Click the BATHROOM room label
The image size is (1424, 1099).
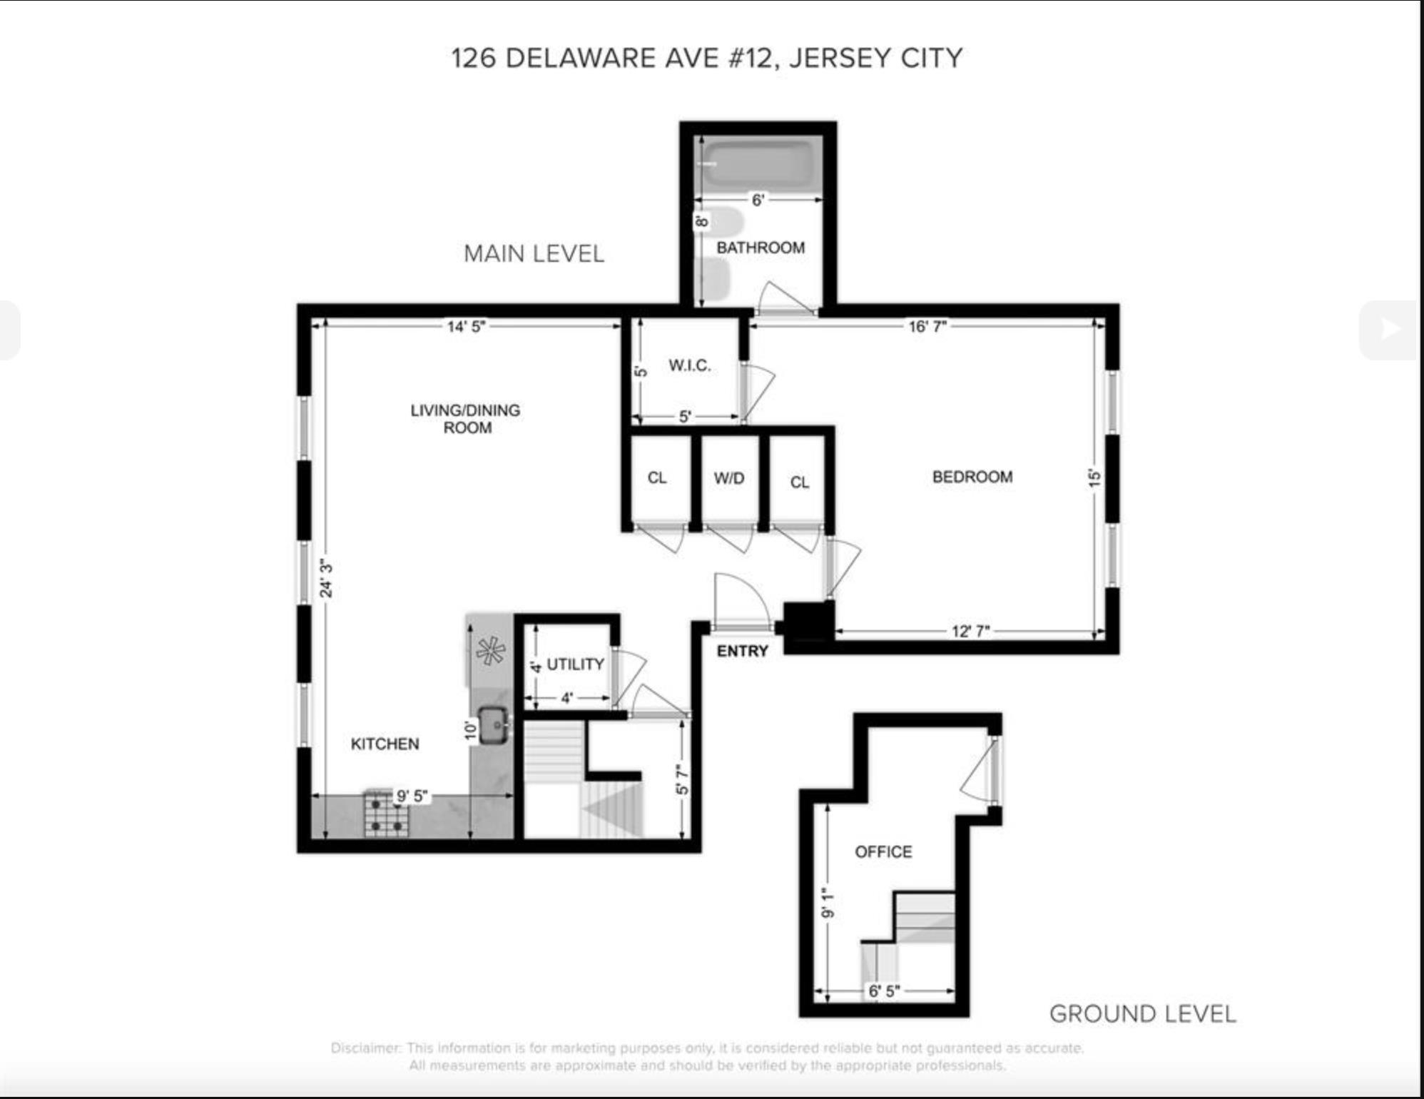[x=761, y=248]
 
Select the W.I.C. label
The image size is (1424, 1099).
[x=690, y=365]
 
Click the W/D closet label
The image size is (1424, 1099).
[x=729, y=478]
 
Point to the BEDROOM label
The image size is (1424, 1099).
[x=972, y=477]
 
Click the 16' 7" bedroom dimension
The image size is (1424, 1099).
[x=927, y=326]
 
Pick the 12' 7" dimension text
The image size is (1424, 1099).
[x=970, y=632]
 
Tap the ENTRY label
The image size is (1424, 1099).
[x=743, y=651]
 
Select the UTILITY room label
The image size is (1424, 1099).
[x=575, y=664]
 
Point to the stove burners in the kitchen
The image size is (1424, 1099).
[x=387, y=814]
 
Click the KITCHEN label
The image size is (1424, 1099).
[x=385, y=744]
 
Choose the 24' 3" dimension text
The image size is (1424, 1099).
[x=326, y=578]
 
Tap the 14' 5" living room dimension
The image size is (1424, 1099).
[x=466, y=327]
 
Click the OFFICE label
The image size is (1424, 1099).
[x=883, y=851]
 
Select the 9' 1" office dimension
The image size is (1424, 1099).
[x=828, y=903]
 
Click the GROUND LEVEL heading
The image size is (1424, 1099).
[x=1142, y=1014]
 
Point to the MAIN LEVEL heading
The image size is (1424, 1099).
[x=534, y=253]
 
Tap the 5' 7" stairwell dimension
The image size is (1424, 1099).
[x=682, y=780]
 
